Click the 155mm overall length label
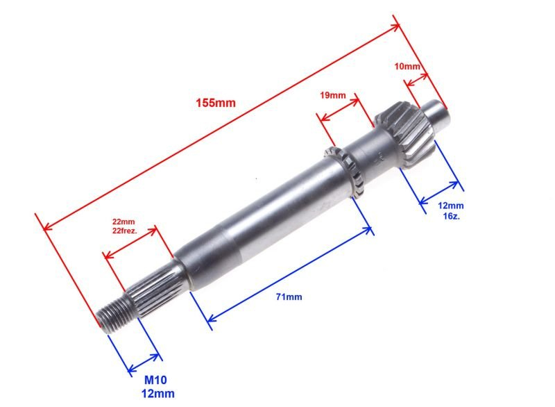pos(216,103)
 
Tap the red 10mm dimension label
pos(407,66)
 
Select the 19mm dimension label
pos(333,95)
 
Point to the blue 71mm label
pos(289,297)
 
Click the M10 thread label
pos(155,380)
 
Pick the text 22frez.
pos(125,231)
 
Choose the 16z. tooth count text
pos(452,216)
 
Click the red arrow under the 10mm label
pos(416,80)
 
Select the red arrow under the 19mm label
pos(339,109)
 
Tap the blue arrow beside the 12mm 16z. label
pos(439,193)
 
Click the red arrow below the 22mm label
pos(130,243)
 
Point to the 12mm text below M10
pos(158,394)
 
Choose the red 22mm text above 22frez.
pos(123,222)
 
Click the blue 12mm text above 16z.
pos(450,206)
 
